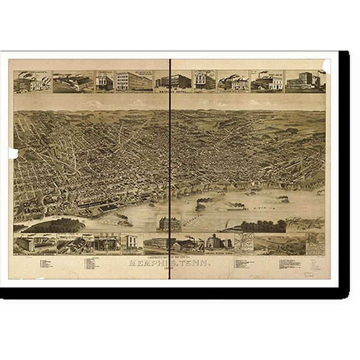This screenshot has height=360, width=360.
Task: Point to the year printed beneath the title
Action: [170, 271]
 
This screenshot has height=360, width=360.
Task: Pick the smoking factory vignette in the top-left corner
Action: [32, 81]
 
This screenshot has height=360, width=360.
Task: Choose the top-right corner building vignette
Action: [304, 81]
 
